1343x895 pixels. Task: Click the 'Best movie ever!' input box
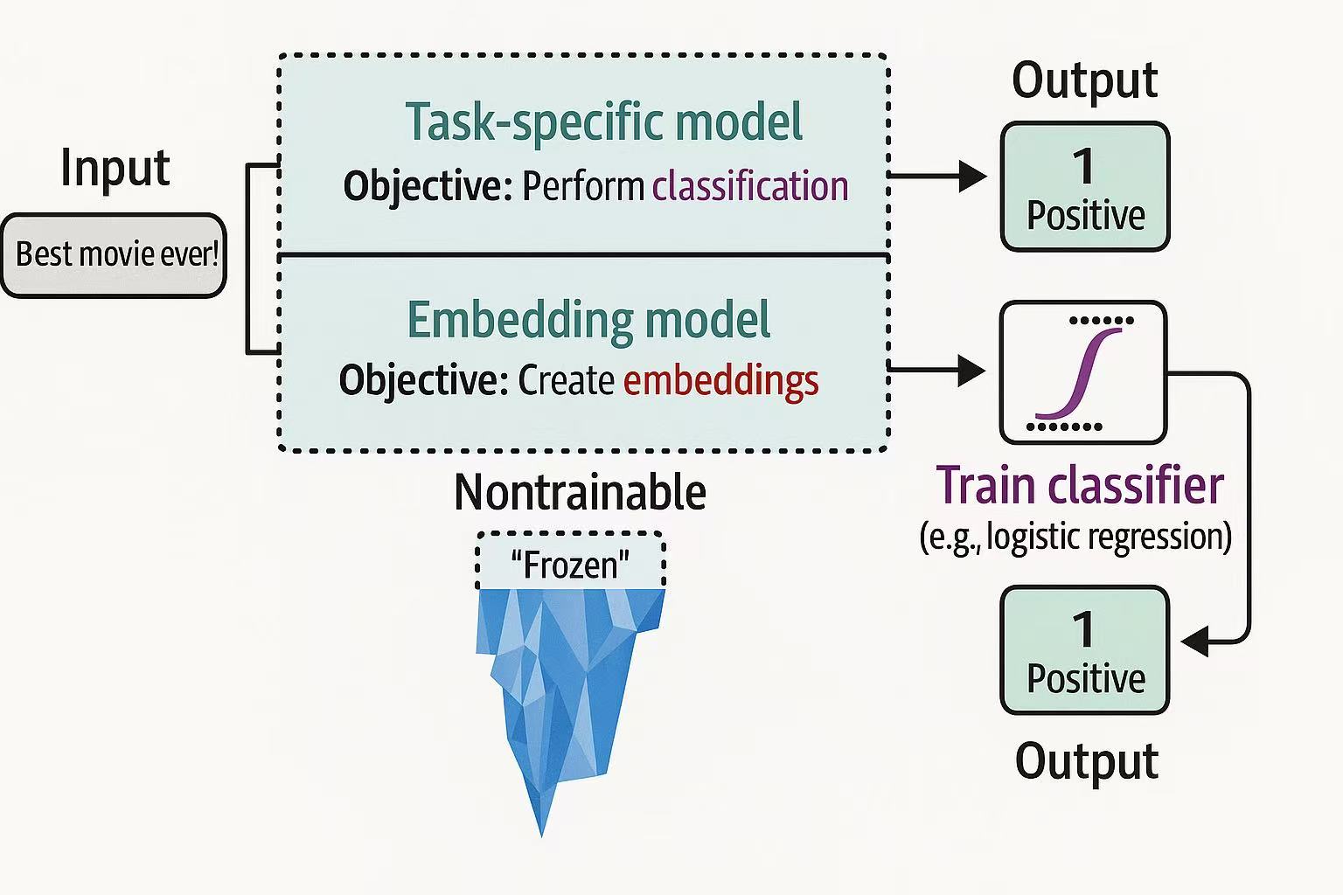(x=115, y=255)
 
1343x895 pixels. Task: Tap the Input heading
(x=115, y=168)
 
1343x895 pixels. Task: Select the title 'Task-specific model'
(x=603, y=122)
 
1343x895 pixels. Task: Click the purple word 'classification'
(x=750, y=186)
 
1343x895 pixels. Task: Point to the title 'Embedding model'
(x=588, y=320)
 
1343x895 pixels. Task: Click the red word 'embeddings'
(x=720, y=380)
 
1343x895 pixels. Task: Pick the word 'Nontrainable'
(x=580, y=492)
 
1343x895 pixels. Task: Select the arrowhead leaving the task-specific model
(x=971, y=177)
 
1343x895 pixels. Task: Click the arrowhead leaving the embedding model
(x=971, y=371)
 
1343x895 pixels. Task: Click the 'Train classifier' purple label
(x=1079, y=485)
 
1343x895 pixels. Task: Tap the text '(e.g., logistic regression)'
(x=1075, y=536)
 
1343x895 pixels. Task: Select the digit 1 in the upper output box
(x=1084, y=165)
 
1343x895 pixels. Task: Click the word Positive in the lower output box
(x=1085, y=679)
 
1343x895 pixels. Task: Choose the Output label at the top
(x=1084, y=80)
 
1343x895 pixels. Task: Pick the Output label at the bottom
(x=1086, y=760)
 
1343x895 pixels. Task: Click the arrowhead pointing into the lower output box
(x=1195, y=642)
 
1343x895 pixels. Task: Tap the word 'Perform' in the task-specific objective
(x=583, y=186)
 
